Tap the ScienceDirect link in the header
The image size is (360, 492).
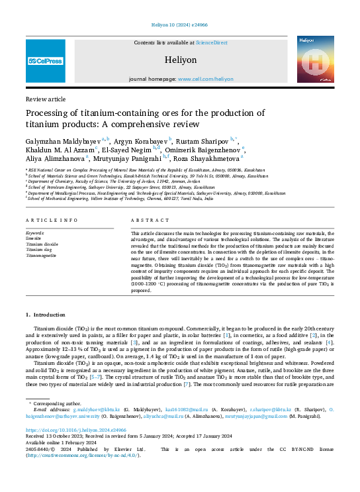tap(210, 42)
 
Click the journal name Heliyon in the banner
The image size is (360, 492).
tap(179, 60)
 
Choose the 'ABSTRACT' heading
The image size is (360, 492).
tap(146, 220)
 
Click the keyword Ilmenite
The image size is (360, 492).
tap(33, 239)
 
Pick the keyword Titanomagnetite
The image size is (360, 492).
tap(41, 255)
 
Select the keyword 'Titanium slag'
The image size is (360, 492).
tap(38, 250)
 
